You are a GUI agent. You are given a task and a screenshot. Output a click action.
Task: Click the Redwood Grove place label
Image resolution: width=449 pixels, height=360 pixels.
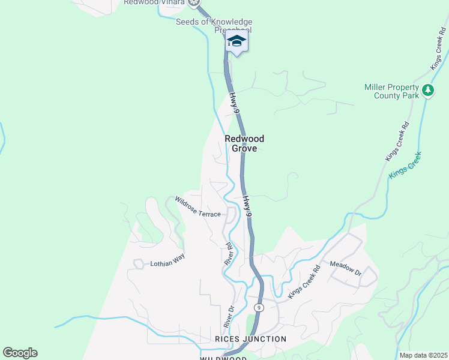point(244,143)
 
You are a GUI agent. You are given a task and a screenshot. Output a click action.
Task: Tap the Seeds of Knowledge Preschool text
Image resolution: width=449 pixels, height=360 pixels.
point(214,26)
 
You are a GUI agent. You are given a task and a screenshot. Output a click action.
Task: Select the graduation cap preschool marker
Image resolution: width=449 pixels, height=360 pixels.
point(237,42)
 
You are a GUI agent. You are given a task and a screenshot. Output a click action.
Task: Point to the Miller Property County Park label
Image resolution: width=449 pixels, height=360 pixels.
point(391,91)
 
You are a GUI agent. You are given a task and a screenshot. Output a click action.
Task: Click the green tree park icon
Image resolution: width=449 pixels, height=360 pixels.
point(428,91)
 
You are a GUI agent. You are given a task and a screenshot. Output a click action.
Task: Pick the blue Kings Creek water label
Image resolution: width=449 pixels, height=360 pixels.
point(406,165)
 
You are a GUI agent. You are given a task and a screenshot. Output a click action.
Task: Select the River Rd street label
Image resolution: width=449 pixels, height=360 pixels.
point(228,254)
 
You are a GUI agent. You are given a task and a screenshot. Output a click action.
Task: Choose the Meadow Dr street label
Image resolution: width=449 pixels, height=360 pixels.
point(346,268)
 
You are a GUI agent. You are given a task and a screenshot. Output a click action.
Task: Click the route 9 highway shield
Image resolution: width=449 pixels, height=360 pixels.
point(259,307)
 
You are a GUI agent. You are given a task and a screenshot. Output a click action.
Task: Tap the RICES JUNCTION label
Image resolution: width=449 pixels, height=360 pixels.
point(250,339)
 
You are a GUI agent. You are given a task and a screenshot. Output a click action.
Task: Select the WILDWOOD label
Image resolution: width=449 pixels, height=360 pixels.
point(223,358)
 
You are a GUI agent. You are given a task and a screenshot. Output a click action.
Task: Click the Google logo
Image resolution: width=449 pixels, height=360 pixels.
point(20,353)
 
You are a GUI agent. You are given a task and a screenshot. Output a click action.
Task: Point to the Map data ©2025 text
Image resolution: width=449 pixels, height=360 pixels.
point(424,355)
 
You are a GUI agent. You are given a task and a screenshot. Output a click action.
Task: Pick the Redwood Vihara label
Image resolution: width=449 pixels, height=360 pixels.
point(154,2)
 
